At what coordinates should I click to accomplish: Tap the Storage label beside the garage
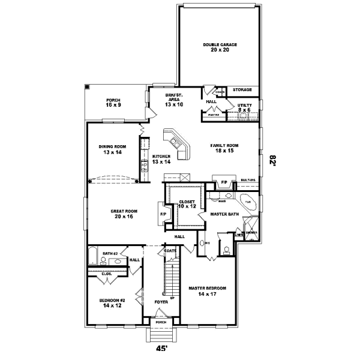tap(242, 90)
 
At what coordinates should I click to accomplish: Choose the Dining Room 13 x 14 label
tap(113, 149)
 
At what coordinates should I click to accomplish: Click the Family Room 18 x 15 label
tap(225, 149)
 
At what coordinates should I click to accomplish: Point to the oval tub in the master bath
tap(247, 202)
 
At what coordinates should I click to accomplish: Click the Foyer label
tap(160, 301)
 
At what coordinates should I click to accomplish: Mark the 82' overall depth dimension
tap(273, 161)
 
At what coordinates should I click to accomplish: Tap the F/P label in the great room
tap(163, 214)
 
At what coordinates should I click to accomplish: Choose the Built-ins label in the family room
tap(248, 181)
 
